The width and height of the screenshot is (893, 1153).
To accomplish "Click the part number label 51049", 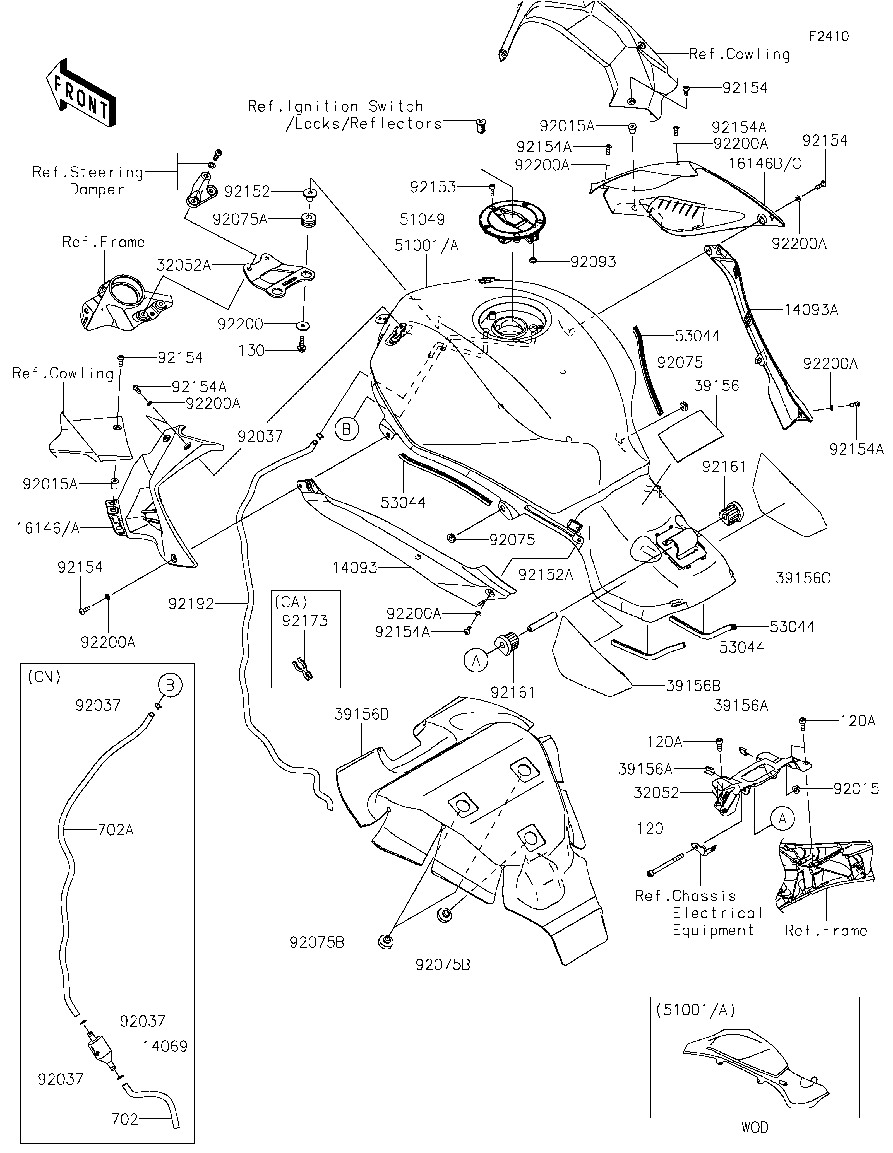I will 423,219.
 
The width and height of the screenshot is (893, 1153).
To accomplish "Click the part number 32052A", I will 184,265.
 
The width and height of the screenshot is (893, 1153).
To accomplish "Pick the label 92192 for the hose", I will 191,604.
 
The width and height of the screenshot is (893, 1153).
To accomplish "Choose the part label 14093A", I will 811,310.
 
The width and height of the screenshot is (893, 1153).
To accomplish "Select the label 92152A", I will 546,574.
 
